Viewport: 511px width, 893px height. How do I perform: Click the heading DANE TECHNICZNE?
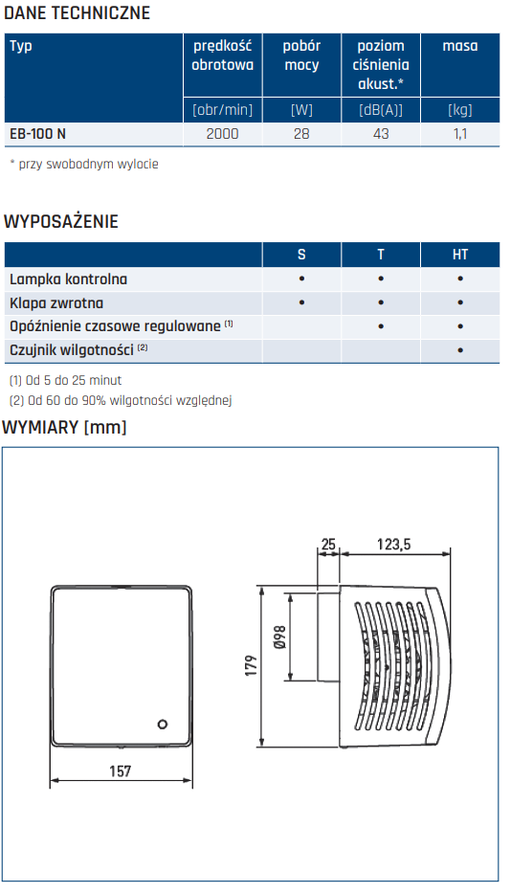pos(77,13)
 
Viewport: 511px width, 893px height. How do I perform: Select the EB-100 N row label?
pos(37,134)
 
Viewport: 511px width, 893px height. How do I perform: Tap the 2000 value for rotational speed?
pos(222,134)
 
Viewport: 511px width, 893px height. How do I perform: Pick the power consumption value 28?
pos(301,134)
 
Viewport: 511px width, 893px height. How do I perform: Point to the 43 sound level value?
pos(381,134)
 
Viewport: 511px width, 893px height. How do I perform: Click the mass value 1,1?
pos(460,134)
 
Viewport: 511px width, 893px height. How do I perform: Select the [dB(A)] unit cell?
pos(381,109)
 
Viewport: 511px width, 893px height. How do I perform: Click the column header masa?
pos(460,46)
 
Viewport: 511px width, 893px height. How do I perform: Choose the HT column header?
pos(460,255)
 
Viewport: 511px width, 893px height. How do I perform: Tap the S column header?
pos(301,255)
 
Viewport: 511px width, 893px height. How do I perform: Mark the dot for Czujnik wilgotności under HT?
pos(460,350)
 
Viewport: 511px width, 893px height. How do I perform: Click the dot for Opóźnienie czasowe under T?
pos(381,326)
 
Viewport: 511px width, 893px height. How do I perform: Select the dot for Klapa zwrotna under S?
pos(301,302)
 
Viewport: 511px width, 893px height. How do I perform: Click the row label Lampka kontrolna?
pos(68,279)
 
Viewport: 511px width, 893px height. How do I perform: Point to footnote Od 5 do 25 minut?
pos(65,380)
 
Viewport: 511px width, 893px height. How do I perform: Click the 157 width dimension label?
pos(121,771)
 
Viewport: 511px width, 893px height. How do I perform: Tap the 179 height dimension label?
pos(252,666)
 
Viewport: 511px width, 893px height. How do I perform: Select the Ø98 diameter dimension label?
pos(279,637)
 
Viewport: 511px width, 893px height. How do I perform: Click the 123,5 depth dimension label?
pos(393,545)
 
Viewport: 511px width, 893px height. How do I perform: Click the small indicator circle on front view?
pos(163,725)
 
